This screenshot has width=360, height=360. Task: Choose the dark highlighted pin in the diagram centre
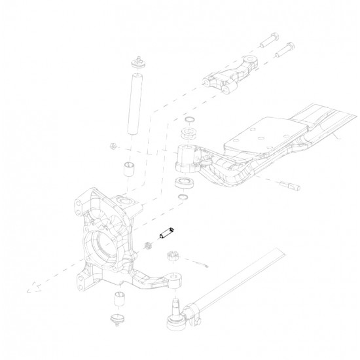tap(166, 232)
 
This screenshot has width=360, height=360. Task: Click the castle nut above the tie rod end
tap(175, 256)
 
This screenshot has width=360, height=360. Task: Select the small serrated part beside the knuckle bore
tap(147, 246)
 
